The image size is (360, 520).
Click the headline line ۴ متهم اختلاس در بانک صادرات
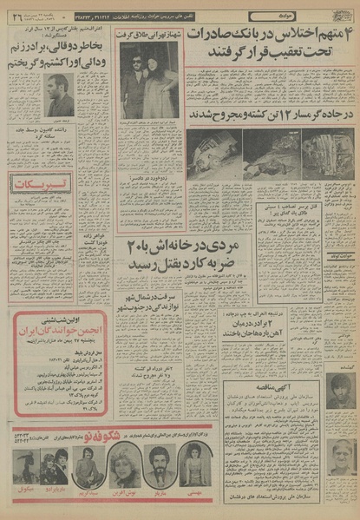coord(271,36)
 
